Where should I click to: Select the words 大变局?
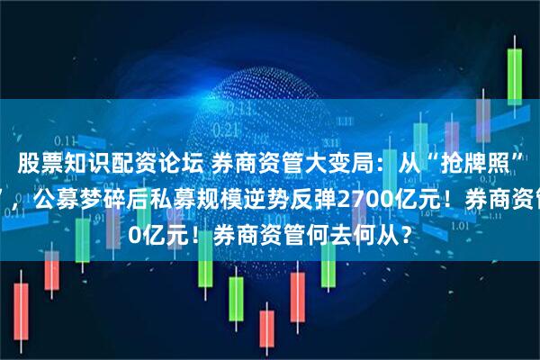310,164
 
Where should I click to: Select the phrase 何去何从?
352,219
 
